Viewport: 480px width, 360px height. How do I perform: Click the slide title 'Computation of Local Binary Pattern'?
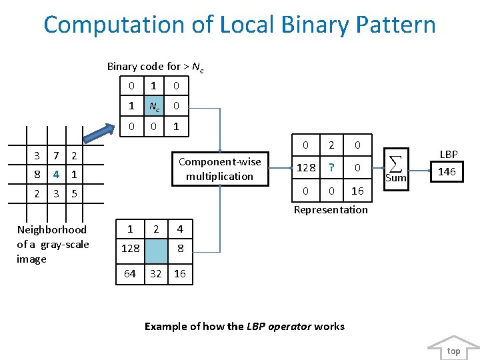click(239, 25)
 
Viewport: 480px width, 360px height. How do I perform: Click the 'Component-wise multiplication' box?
click(219, 169)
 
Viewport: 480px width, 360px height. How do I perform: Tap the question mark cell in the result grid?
click(331, 168)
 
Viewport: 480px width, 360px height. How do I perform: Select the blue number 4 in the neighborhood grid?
click(57, 174)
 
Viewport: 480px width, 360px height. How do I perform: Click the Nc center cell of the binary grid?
click(153, 105)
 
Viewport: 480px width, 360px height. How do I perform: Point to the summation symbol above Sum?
click(395, 163)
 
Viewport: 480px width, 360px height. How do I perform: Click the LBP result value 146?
click(447, 171)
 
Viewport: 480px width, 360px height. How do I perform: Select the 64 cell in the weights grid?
click(130, 273)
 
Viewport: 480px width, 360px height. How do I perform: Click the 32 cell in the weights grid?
click(155, 273)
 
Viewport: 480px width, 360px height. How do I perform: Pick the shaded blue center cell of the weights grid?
click(155, 248)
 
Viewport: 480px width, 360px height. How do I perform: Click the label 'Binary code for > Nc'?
click(155, 66)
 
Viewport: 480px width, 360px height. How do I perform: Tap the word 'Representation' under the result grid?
click(331, 209)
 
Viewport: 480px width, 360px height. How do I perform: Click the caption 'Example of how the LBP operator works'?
click(245, 326)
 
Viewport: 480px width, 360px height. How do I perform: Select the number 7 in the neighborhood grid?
click(57, 155)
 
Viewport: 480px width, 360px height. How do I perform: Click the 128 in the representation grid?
click(306, 168)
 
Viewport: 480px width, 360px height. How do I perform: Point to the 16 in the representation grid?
click(357, 191)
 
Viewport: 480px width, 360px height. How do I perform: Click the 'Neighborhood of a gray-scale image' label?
click(53, 244)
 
